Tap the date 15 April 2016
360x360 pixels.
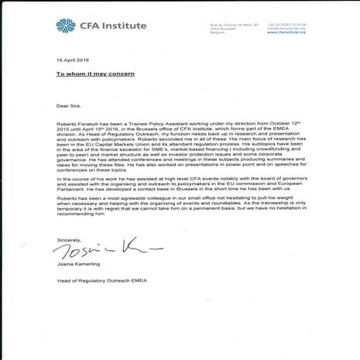69,60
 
